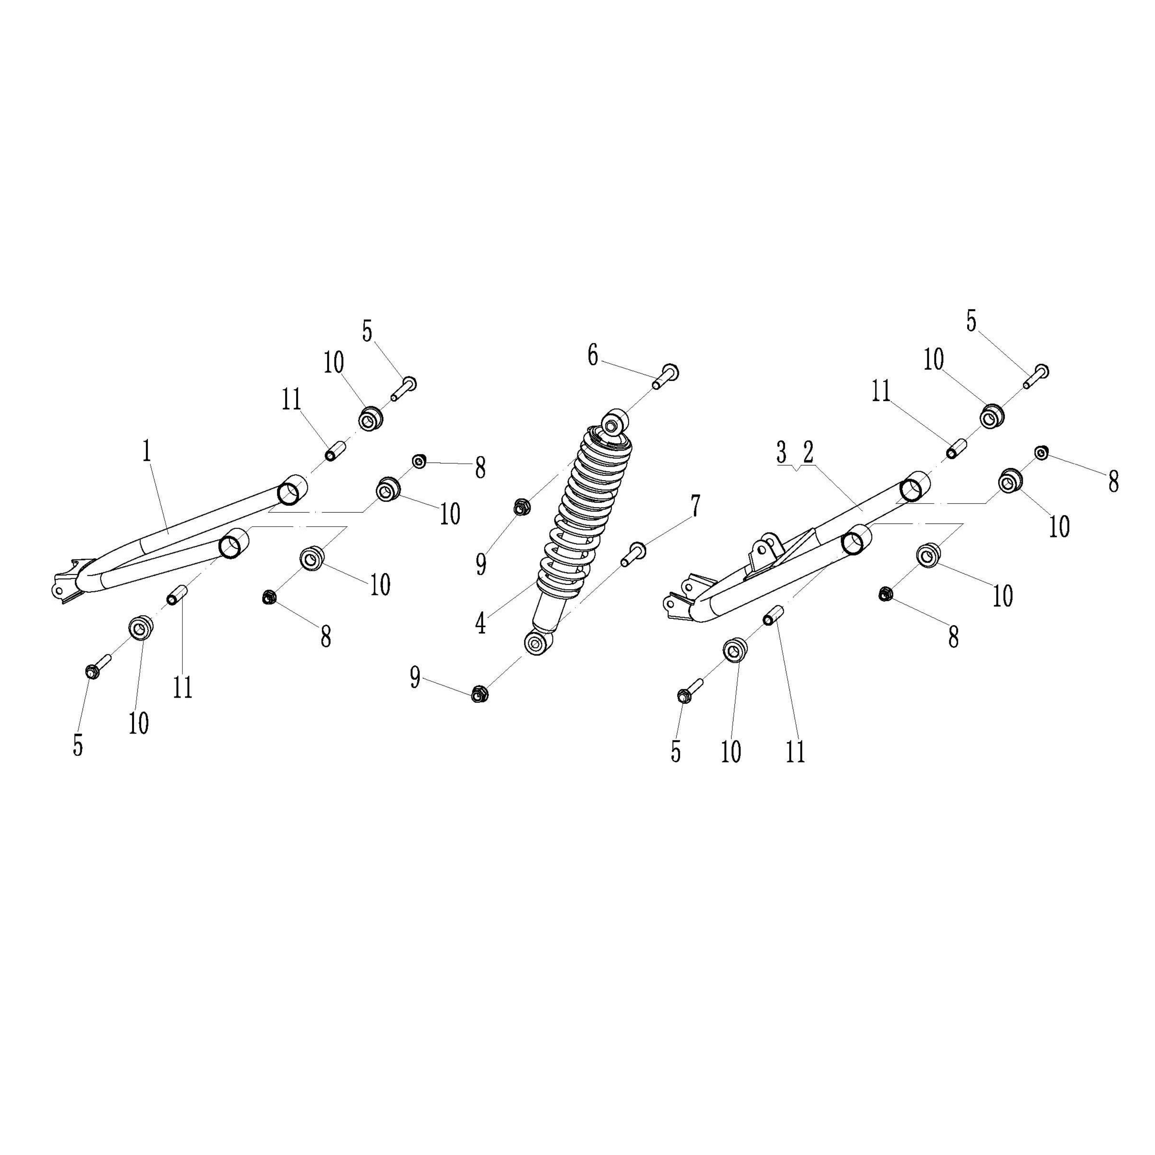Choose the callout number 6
[x=592, y=356]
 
